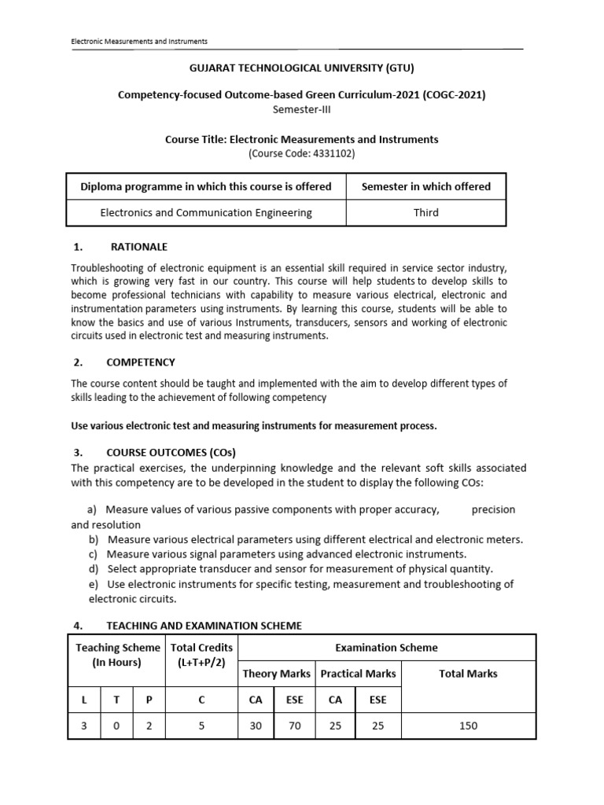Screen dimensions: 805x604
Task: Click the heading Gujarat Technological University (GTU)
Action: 301,68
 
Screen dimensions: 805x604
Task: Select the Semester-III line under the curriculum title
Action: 301,108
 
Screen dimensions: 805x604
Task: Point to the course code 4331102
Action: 301,153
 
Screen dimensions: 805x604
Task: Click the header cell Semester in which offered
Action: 425,186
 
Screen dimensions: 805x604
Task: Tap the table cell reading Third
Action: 425,212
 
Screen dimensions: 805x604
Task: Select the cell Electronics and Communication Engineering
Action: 206,212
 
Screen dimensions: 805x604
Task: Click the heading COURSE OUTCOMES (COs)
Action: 171,452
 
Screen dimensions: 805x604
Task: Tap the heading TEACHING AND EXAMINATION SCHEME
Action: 204,626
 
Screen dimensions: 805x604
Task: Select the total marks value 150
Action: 468,726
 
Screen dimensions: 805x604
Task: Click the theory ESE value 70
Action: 295,726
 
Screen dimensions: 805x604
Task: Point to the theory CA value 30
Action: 256,726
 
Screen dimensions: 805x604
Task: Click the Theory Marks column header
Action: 275,674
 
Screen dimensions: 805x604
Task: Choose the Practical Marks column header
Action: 358,674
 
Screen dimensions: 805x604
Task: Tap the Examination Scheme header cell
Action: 386,648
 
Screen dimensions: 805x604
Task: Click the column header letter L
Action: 83,699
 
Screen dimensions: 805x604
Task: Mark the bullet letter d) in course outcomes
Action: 94,568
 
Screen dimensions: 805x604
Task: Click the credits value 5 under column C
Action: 201,726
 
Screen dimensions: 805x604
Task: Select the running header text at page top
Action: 139,41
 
